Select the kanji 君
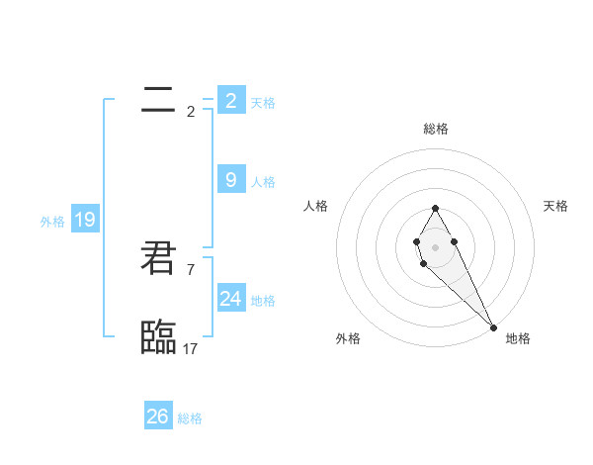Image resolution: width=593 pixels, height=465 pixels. [158, 259]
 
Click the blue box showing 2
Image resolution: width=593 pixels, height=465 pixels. [231, 101]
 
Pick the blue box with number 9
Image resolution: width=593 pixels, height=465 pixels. [231, 180]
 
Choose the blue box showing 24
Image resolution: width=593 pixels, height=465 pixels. [231, 299]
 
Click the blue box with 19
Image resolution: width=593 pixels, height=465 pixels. [85, 220]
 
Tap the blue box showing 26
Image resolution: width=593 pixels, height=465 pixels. [158, 417]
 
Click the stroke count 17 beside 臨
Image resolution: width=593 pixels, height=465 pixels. [191, 349]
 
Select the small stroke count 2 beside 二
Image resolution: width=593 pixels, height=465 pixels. [191, 111]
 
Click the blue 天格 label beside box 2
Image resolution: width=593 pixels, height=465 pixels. [263, 102]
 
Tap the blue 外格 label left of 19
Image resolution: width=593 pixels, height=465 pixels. [52, 222]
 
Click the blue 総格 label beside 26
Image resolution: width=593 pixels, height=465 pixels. [190, 418]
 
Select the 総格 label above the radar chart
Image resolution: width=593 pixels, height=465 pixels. [436, 129]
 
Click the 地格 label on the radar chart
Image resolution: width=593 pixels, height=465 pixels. [518, 338]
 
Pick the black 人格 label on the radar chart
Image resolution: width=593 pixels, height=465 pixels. [315, 206]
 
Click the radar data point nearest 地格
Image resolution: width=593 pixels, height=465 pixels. [493, 325]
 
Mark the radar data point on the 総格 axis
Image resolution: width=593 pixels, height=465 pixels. [435, 208]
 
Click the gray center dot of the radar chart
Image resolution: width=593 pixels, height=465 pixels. [435, 246]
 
